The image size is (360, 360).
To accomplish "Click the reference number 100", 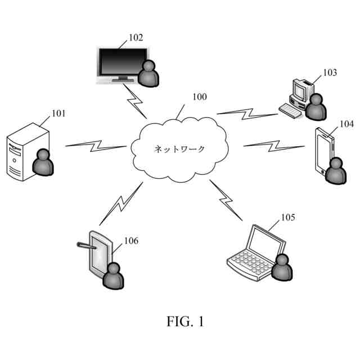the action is [x=200, y=97].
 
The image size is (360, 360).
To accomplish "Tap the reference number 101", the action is [x=58, y=114].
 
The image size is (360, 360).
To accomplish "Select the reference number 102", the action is [x=136, y=38].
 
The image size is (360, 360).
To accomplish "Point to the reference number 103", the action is [x=330, y=73].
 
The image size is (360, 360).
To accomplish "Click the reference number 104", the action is [x=346, y=124].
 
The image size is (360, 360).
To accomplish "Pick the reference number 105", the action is [x=288, y=217].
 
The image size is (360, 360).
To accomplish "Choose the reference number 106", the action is [x=131, y=241].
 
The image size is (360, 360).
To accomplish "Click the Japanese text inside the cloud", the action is [x=179, y=149].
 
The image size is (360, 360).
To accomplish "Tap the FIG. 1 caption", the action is [x=185, y=321].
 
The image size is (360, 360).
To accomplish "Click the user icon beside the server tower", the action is [x=43, y=162].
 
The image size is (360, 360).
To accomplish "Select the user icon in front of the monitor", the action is [x=148, y=74].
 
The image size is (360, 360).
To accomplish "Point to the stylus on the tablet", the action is [x=86, y=245].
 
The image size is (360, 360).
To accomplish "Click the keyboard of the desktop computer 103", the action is [x=290, y=111].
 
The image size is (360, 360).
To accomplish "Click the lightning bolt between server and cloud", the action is [x=96, y=146].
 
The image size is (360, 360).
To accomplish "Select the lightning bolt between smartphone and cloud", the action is [x=274, y=146].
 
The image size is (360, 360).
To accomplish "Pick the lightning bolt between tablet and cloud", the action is [x=121, y=204].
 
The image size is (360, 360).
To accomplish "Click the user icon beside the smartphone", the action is [x=336, y=170].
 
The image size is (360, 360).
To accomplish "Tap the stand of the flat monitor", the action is [x=123, y=79].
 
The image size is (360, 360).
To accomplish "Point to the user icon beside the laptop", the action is [x=282, y=267].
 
